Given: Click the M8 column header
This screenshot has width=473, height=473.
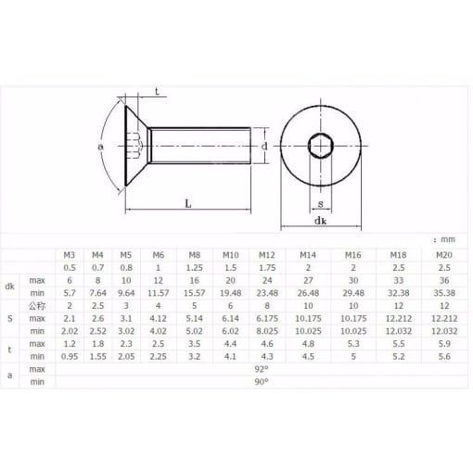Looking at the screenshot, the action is click(195, 255).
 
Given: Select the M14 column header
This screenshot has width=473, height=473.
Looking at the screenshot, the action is click(308, 255).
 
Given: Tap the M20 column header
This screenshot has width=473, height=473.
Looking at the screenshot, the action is click(444, 255).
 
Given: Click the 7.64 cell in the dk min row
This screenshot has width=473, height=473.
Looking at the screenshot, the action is click(97, 293).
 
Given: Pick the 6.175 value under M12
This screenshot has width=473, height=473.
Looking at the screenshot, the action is click(267, 318).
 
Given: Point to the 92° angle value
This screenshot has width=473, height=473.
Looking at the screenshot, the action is click(262, 369).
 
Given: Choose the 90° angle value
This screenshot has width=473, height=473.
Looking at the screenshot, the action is click(262, 382).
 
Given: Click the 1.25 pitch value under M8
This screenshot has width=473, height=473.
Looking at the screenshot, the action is click(195, 268).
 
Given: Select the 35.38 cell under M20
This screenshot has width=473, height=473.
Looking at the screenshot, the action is click(444, 293).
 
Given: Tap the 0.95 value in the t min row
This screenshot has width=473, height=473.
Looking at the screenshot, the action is click(70, 356).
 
